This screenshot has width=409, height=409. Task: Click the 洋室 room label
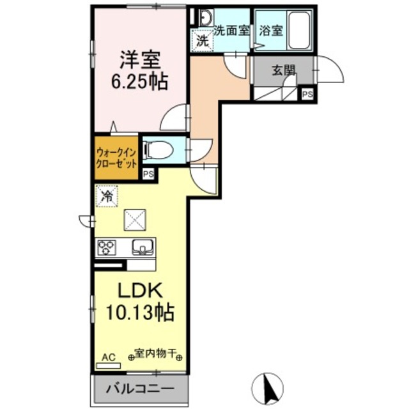141,61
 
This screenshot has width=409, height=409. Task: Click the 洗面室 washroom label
231,30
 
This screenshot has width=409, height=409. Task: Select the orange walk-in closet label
116,157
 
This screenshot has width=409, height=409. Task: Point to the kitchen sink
144,247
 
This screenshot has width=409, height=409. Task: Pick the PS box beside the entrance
307,95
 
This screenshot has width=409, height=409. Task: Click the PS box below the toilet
148,174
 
